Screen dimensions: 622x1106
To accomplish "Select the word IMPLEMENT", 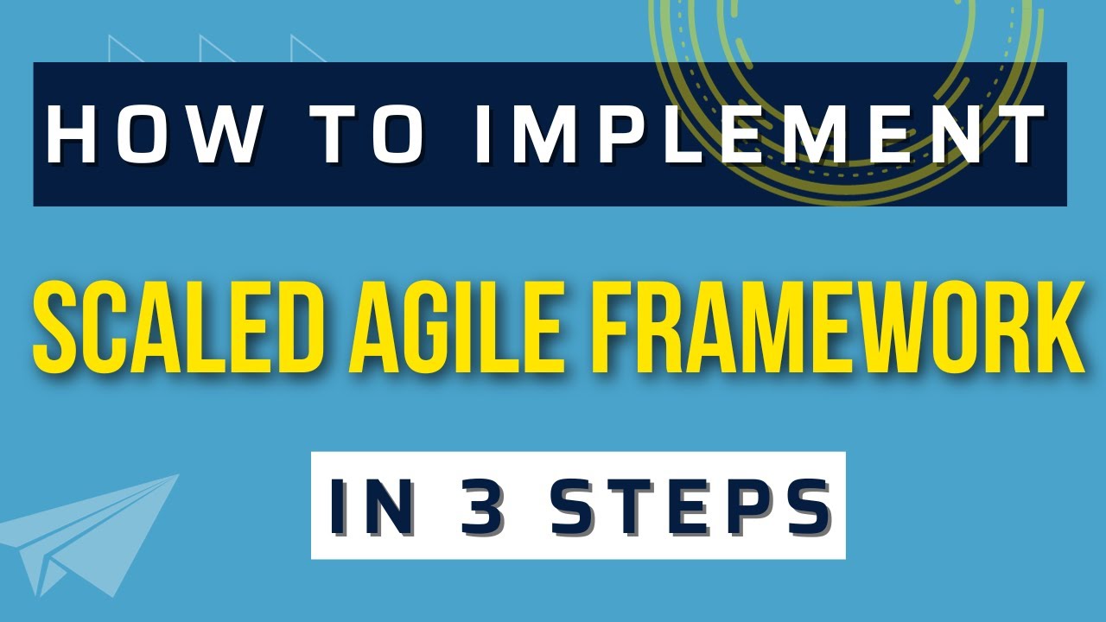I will (759, 136).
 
